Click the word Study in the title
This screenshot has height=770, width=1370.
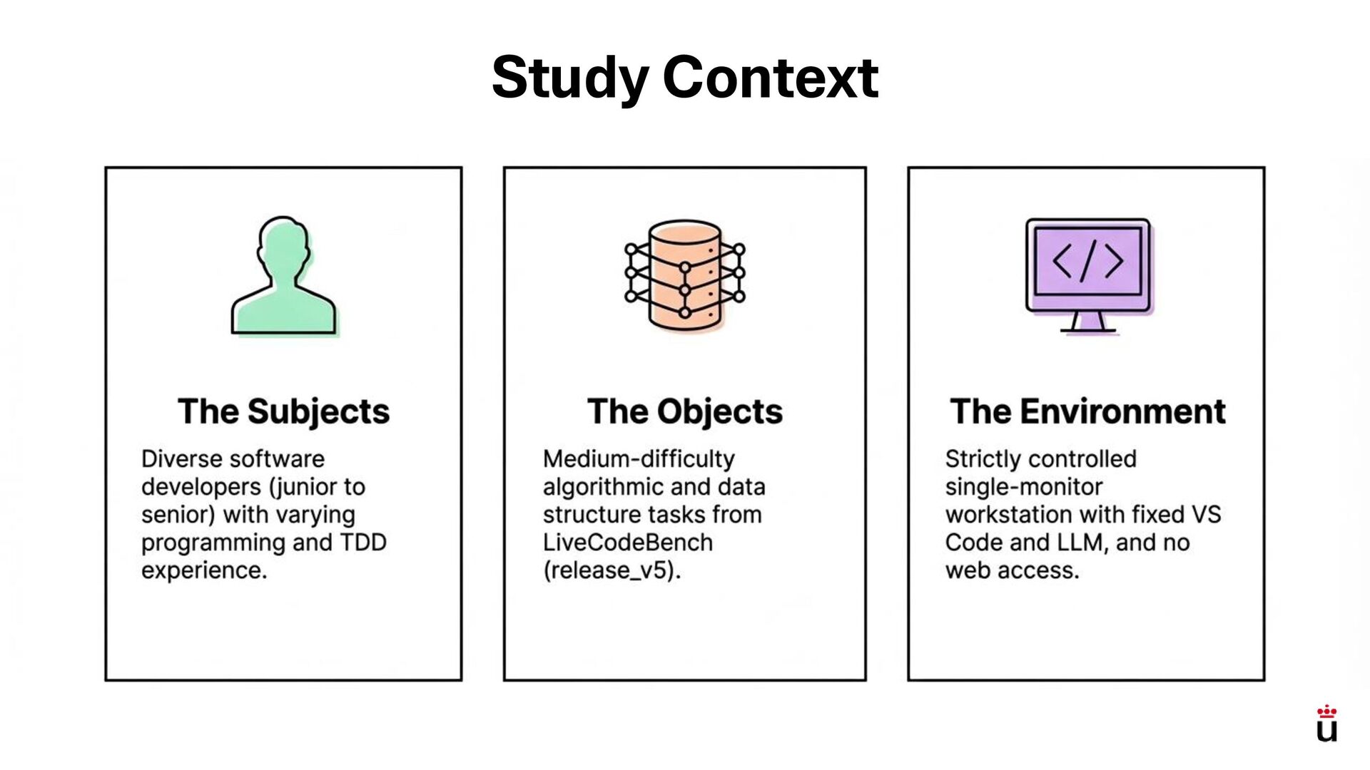[570, 78]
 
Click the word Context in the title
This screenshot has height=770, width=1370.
[771, 78]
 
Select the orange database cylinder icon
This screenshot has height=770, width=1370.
[685, 275]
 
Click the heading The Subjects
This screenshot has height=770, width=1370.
[284, 411]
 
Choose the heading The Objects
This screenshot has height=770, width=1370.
[685, 411]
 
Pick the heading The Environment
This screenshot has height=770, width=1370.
[1087, 411]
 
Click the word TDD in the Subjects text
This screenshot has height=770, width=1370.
[362, 543]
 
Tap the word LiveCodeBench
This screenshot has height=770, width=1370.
[628, 543]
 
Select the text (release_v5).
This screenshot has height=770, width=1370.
[612, 570]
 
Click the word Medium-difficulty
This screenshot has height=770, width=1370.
[639, 459]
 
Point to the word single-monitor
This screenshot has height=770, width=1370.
[1024, 487]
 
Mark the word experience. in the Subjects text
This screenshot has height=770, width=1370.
[204, 570]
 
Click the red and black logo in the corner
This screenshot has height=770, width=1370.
[1326, 724]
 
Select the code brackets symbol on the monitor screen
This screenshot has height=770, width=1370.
[1087, 261]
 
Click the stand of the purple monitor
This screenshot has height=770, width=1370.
[1087, 322]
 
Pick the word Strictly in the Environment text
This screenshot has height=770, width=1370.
[980, 459]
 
